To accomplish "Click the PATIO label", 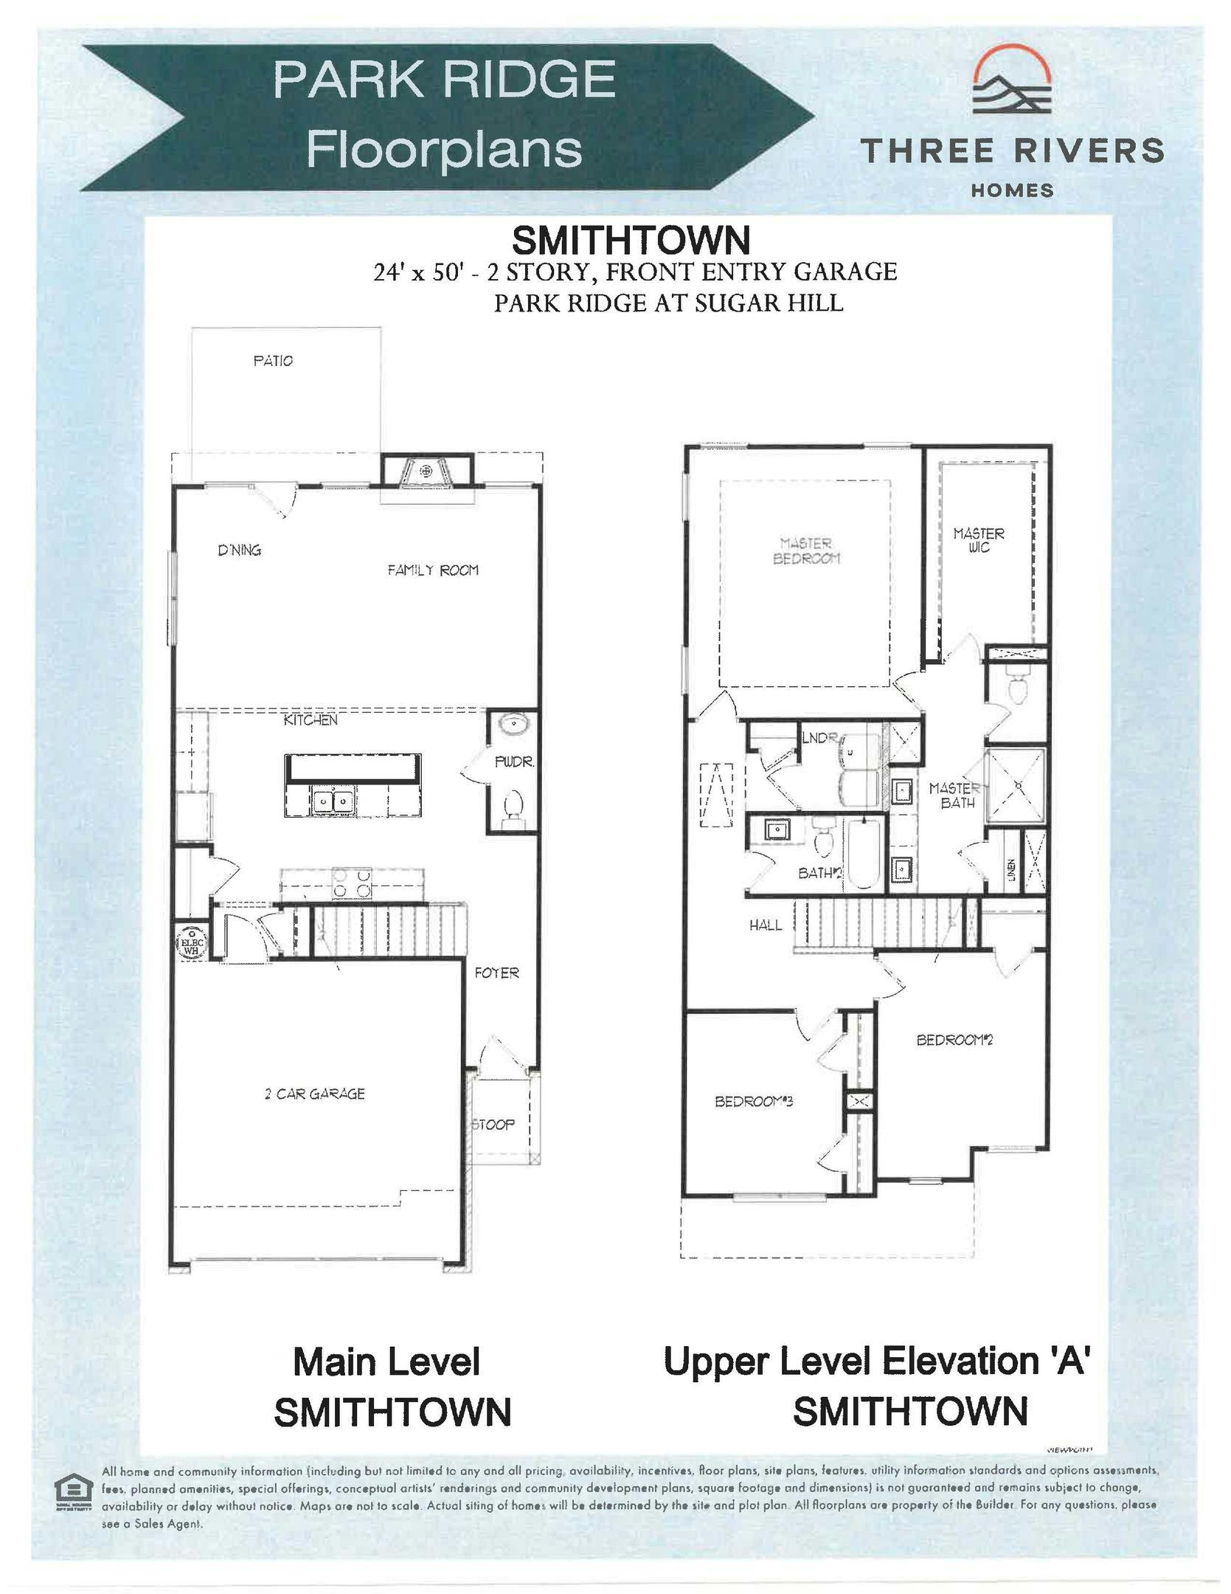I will point(272,361).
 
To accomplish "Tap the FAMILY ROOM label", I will point(433,570).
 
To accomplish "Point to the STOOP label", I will point(493,1125).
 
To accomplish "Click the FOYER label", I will point(496,973).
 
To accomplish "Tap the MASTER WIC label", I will point(979,539).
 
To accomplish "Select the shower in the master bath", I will point(1016,784).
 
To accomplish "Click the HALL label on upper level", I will point(766,925).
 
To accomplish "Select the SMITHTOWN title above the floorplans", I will point(631,240).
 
